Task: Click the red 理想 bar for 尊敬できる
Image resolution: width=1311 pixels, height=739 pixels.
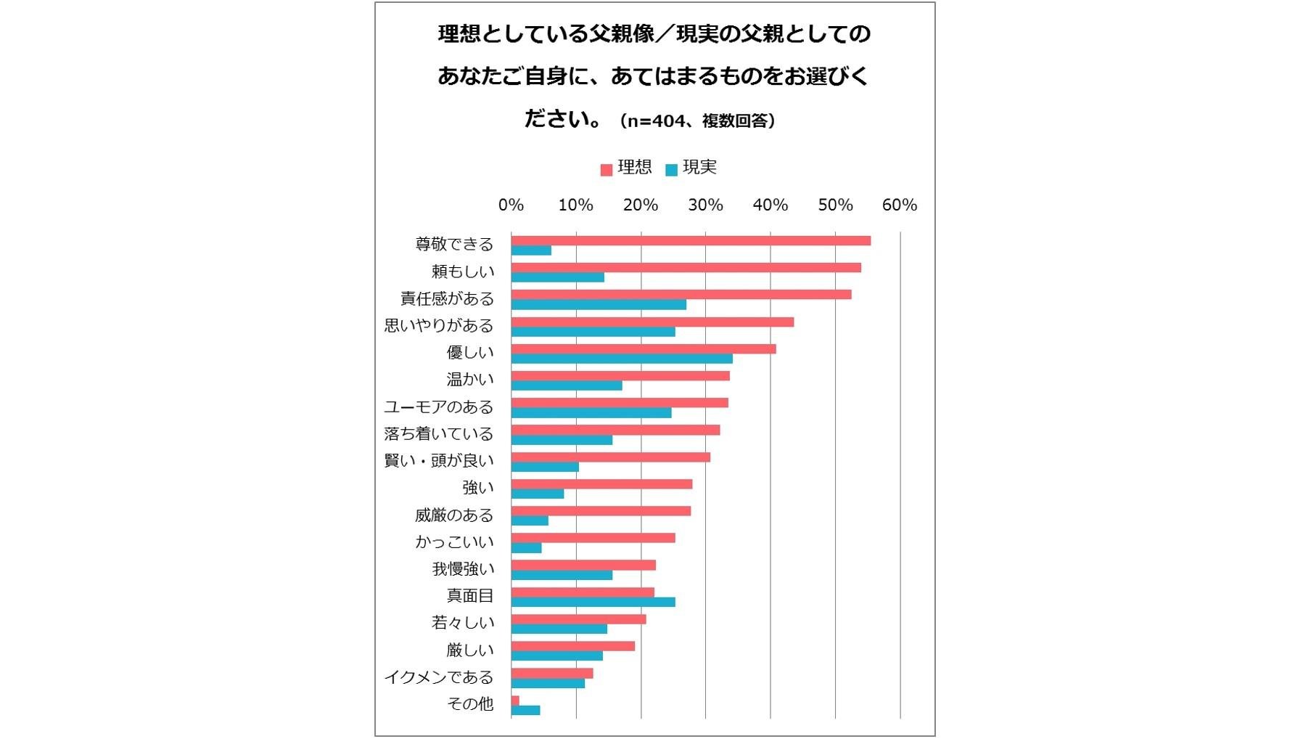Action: (x=690, y=240)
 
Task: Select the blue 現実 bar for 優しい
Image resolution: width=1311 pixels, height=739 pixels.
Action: (x=621, y=359)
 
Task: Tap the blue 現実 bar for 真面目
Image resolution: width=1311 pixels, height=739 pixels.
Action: (x=593, y=602)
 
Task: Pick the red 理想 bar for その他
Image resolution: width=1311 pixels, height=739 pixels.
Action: (x=515, y=701)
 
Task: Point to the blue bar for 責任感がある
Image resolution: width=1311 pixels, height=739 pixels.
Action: (x=598, y=305)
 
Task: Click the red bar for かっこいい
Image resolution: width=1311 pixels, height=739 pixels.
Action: (x=593, y=538)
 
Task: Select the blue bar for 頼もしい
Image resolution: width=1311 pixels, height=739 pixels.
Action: (x=557, y=277)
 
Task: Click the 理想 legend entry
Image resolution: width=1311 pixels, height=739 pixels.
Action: (x=626, y=168)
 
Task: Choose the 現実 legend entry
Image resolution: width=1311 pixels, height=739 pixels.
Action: (x=691, y=168)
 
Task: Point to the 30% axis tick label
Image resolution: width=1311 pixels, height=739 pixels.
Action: (x=705, y=205)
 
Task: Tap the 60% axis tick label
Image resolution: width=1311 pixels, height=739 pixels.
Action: (x=899, y=205)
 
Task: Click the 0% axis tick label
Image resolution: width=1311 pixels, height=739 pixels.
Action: (x=511, y=205)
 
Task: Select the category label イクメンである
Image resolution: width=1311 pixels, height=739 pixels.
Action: (x=439, y=677)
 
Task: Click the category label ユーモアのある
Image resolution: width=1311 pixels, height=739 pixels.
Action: (x=439, y=407)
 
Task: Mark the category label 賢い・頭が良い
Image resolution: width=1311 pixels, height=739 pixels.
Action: (x=439, y=461)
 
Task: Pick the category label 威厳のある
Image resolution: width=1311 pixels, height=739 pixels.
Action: (x=454, y=515)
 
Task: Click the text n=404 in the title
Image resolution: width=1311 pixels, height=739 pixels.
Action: (x=656, y=121)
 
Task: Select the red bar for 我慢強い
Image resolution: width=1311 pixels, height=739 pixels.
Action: (x=583, y=565)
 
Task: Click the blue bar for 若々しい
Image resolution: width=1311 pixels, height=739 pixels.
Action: (x=559, y=629)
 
